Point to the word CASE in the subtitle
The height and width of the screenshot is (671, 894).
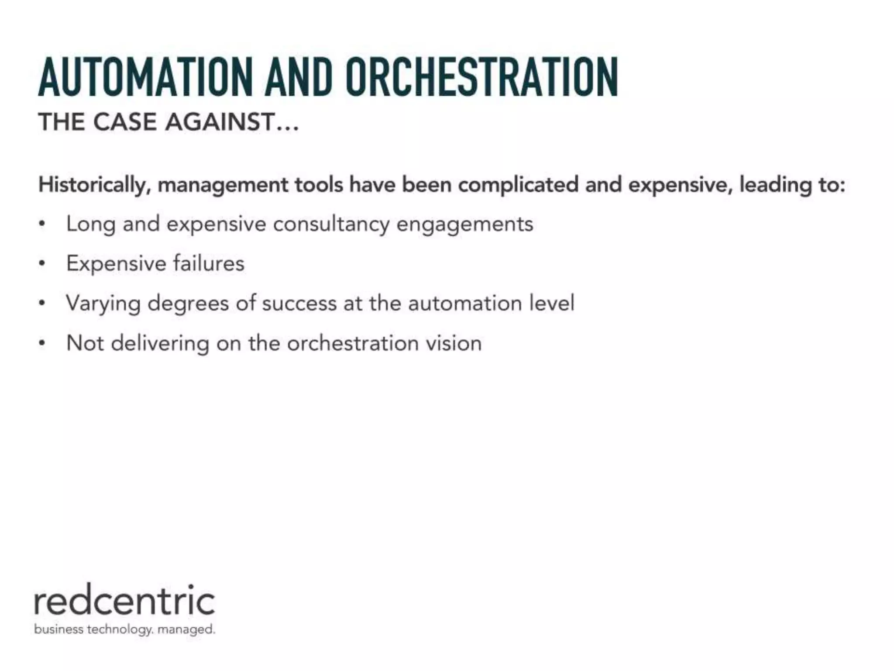125,122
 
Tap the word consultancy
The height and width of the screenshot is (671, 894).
331,225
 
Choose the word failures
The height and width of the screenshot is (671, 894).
209,263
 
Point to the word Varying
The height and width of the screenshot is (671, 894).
103,304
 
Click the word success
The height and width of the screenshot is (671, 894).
299,304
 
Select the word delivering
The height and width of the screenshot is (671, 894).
160,343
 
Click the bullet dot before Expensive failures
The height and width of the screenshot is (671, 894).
42,264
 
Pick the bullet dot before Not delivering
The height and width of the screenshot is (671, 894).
42,344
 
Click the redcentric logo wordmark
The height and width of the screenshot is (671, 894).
124,601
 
